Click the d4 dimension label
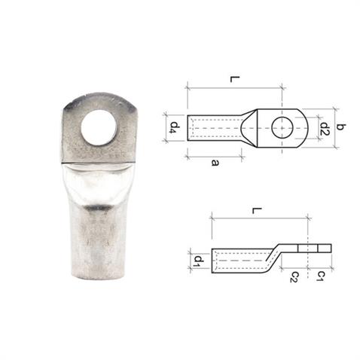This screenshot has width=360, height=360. click(x=172, y=127)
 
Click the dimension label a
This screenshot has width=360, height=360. click(x=214, y=162)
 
